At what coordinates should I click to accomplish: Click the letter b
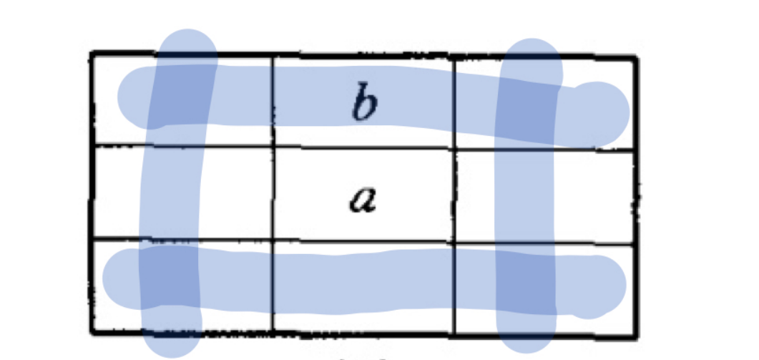pos(364,104)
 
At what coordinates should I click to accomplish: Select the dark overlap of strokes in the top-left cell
pos(182,93)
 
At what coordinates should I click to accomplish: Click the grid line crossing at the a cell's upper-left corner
pos(273,147)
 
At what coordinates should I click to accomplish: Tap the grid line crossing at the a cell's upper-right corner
pos(454,150)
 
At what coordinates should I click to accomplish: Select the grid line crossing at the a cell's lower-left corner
pos(273,240)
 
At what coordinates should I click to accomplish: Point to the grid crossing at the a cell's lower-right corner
pos(454,241)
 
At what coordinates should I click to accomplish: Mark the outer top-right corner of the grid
pos(637,55)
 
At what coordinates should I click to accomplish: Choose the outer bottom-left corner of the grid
pos(92,332)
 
